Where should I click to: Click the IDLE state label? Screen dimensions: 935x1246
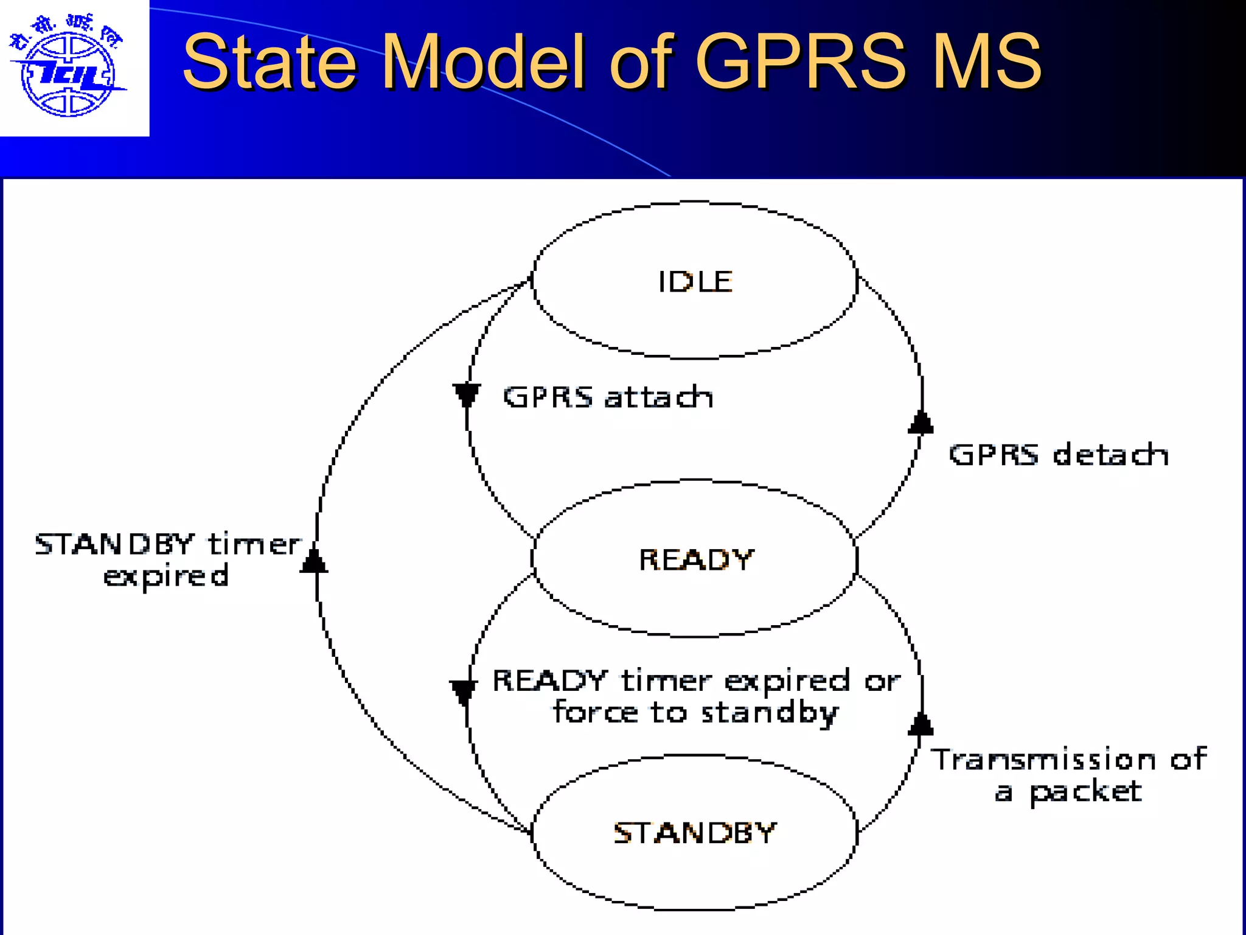pos(695,282)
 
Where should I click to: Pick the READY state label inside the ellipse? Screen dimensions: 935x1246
pos(696,560)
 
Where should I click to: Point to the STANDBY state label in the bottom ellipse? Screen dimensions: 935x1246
pos(695,833)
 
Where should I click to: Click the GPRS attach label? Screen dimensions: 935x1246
pos(608,397)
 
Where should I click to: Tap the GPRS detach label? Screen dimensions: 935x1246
pos(1059,455)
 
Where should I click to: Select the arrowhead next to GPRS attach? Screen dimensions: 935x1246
pos(467,395)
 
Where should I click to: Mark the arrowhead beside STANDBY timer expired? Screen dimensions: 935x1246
pos(314,561)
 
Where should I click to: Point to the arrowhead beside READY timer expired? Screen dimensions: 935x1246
pos(463,692)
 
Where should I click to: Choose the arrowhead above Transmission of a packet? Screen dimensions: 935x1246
pos(921,724)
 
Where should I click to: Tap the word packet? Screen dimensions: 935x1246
pos(1085,792)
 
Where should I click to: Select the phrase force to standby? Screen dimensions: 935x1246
pos(695,713)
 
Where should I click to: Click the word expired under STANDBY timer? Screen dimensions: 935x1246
pos(166,576)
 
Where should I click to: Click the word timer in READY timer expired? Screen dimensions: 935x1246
pos(666,681)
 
